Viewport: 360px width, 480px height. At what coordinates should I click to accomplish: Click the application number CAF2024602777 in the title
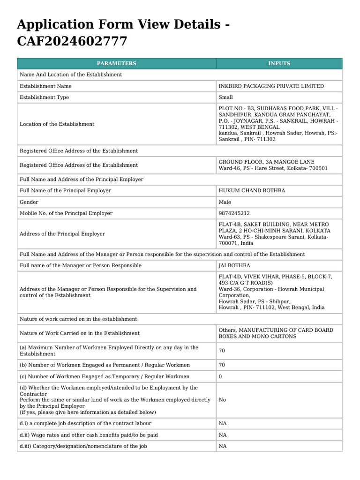pyautogui.click(x=72, y=41)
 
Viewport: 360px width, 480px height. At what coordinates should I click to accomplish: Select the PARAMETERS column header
pyautogui.click(x=116, y=63)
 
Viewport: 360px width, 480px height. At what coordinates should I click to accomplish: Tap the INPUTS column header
pyautogui.click(x=279, y=63)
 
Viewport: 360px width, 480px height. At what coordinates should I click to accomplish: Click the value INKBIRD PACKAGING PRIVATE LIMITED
pyautogui.click(x=271, y=86)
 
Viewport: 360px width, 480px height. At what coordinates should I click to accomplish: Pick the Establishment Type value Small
pyautogui.click(x=225, y=97)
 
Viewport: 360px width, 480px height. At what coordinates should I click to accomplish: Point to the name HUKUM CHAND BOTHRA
pyautogui.click(x=252, y=191)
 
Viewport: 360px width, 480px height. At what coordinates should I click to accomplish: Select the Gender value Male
pyautogui.click(x=225, y=202)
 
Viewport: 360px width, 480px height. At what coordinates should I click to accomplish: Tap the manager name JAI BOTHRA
pyautogui.click(x=234, y=266)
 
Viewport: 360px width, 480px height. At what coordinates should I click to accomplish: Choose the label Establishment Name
pyautogui.click(x=45, y=86)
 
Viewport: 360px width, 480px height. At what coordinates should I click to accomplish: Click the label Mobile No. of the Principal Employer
pyautogui.click(x=66, y=213)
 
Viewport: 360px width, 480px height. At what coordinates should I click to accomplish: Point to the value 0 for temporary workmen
pyautogui.click(x=220, y=376)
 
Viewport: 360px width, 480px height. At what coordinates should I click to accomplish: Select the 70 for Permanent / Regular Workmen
pyautogui.click(x=222, y=365)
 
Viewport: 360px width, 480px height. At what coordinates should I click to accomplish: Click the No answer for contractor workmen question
pyautogui.click(x=222, y=400)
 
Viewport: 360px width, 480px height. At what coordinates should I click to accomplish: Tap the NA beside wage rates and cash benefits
pyautogui.click(x=223, y=435)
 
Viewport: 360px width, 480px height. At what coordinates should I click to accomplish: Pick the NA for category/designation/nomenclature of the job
pyautogui.click(x=223, y=446)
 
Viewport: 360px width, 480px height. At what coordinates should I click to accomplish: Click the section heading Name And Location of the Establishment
pyautogui.click(x=71, y=75)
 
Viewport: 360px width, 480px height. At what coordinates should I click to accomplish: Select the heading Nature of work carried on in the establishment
pyautogui.click(x=78, y=319)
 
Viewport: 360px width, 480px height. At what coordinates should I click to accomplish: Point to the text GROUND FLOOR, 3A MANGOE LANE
pyautogui.click(x=266, y=162)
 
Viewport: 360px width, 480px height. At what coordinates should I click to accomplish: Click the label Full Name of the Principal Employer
pyautogui.click(x=65, y=191)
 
